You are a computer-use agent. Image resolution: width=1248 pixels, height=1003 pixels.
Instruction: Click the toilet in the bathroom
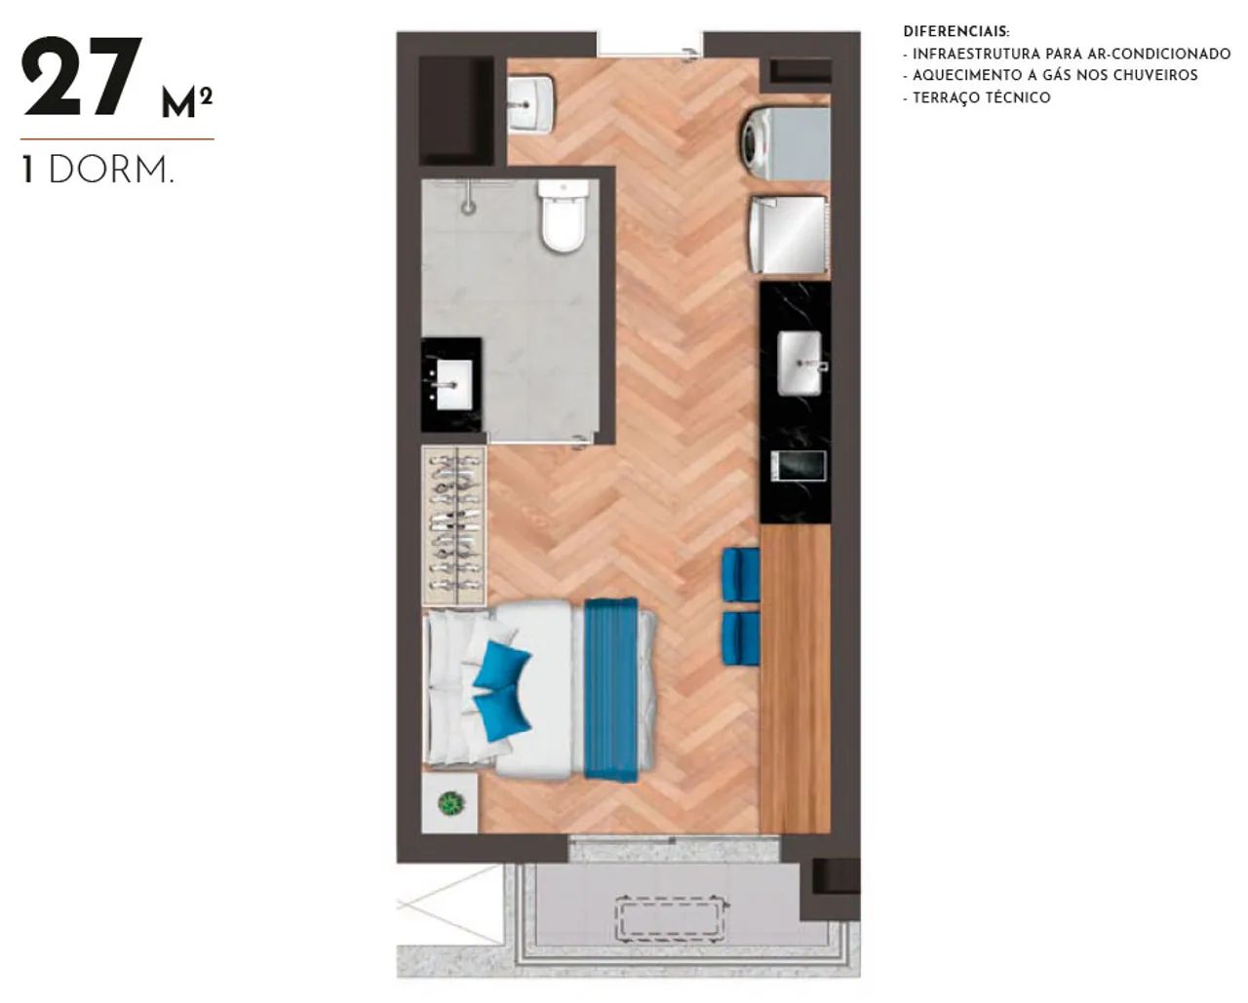click(562, 215)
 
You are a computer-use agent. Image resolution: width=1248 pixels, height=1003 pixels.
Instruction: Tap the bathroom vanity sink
click(454, 384)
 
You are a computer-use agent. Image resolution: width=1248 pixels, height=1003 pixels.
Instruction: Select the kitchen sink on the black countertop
click(799, 363)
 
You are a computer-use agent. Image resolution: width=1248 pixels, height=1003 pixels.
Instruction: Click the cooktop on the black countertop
click(799, 466)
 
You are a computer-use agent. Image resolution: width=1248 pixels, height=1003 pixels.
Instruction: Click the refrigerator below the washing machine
click(790, 235)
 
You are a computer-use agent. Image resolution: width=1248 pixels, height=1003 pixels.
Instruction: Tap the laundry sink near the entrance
click(530, 105)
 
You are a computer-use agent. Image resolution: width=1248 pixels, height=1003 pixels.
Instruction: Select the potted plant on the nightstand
click(451, 803)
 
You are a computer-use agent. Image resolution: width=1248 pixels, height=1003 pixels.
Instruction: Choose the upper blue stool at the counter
click(741, 574)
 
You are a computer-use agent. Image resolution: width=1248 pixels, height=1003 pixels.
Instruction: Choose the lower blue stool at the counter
click(741, 638)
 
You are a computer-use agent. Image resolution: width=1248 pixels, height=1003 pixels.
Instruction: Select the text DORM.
click(111, 171)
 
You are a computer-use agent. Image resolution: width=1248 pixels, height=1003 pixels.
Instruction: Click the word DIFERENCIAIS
click(956, 31)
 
